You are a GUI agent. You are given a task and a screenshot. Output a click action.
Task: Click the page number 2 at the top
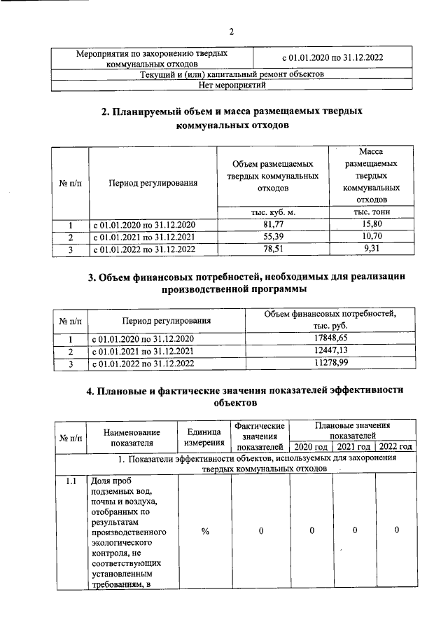(x=231, y=31)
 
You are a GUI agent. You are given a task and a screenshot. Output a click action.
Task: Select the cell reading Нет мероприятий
(x=231, y=85)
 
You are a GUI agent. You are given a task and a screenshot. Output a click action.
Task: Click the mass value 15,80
(x=372, y=224)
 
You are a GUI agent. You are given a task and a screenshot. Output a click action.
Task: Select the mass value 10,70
(x=372, y=237)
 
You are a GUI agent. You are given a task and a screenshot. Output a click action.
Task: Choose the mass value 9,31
(x=372, y=249)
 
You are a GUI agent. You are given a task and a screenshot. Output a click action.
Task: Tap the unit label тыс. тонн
(x=372, y=212)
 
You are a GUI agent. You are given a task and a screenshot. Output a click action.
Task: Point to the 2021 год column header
(x=353, y=447)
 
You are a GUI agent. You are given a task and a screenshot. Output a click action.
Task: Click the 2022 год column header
(x=395, y=447)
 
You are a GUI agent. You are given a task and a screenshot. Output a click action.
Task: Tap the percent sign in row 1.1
(x=205, y=531)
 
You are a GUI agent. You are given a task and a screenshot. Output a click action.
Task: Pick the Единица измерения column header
(x=204, y=436)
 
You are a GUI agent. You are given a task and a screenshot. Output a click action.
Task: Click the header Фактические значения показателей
(x=260, y=436)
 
